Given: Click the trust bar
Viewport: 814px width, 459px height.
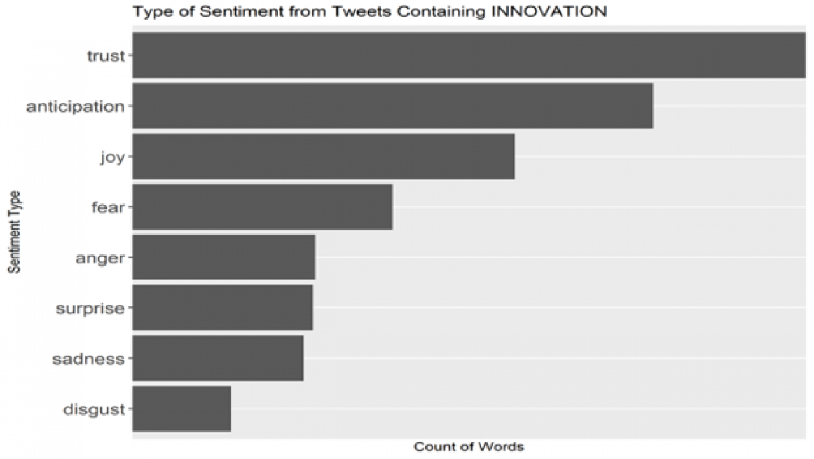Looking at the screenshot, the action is pos(469,55).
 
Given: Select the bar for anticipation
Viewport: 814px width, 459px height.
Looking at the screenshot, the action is pos(392,106).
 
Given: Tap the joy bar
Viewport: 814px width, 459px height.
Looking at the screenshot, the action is pos(324,156).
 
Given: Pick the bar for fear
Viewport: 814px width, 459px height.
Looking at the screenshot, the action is pos(263,207).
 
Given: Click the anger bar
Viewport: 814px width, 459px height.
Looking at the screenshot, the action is pos(224,257).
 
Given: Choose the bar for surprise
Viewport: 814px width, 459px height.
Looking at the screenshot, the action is pos(223,308).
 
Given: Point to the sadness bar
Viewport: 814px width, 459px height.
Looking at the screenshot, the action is pos(217,358).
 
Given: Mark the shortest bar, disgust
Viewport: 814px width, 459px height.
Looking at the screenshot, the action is pos(181,409).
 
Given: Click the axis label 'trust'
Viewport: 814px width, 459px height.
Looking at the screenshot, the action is pos(106,56).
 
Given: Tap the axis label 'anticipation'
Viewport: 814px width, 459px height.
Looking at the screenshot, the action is pos(76,107).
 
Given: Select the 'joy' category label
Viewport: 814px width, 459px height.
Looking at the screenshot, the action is pos(113,158).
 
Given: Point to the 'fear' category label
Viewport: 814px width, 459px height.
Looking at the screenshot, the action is pos(108,207).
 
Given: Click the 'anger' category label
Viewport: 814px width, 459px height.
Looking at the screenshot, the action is pos(100,259).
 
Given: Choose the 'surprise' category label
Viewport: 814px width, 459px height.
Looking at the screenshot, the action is pos(90,309).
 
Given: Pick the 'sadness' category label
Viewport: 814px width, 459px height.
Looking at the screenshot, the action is pos(88,359).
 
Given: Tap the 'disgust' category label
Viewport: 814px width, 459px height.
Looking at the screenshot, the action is pos(94,409).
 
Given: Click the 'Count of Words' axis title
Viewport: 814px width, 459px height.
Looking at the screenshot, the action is pos(469,447).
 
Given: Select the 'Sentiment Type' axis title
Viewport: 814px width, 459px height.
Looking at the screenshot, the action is pos(14,232).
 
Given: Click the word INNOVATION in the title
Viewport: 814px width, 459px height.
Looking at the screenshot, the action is pos(549,11).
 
